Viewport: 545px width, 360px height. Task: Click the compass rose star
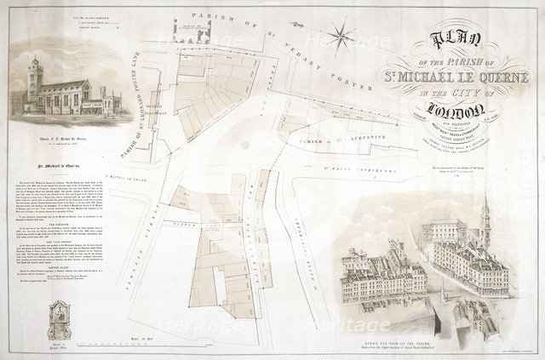point(343,37)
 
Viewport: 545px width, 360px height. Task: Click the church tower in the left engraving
point(35,81)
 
